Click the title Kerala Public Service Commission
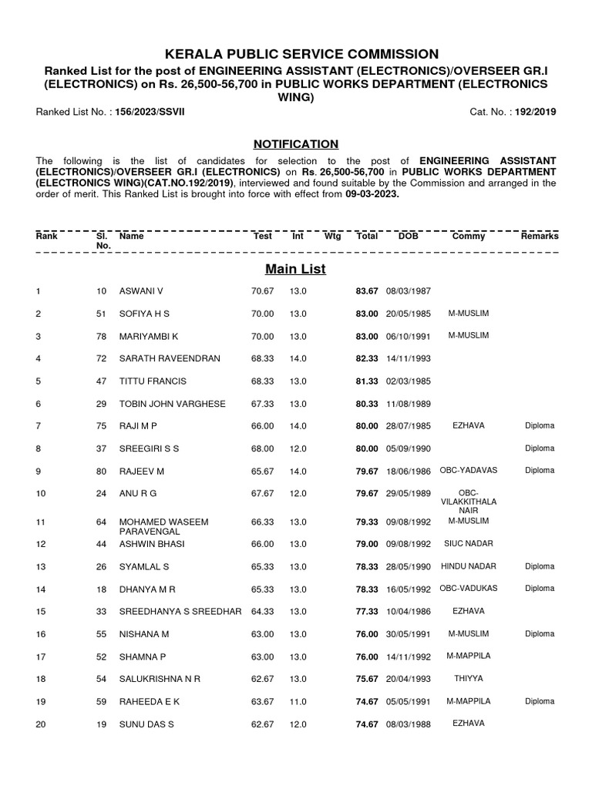[296, 54]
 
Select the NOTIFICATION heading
[296, 144]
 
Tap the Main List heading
[296, 269]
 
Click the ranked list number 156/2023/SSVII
[150, 112]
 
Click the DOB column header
[408, 237]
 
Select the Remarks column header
[540, 237]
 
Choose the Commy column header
[469, 237]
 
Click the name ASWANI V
[141, 291]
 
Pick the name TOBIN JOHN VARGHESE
[172, 404]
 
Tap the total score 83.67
[367, 291]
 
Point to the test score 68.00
[263, 448]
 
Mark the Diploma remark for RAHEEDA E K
[540, 701]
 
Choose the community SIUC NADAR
[469, 544]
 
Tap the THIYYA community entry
[469, 678]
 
